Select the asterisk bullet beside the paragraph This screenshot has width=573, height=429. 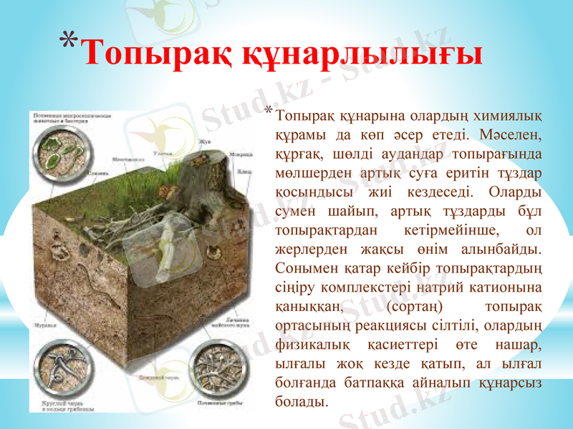[x=268, y=111]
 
